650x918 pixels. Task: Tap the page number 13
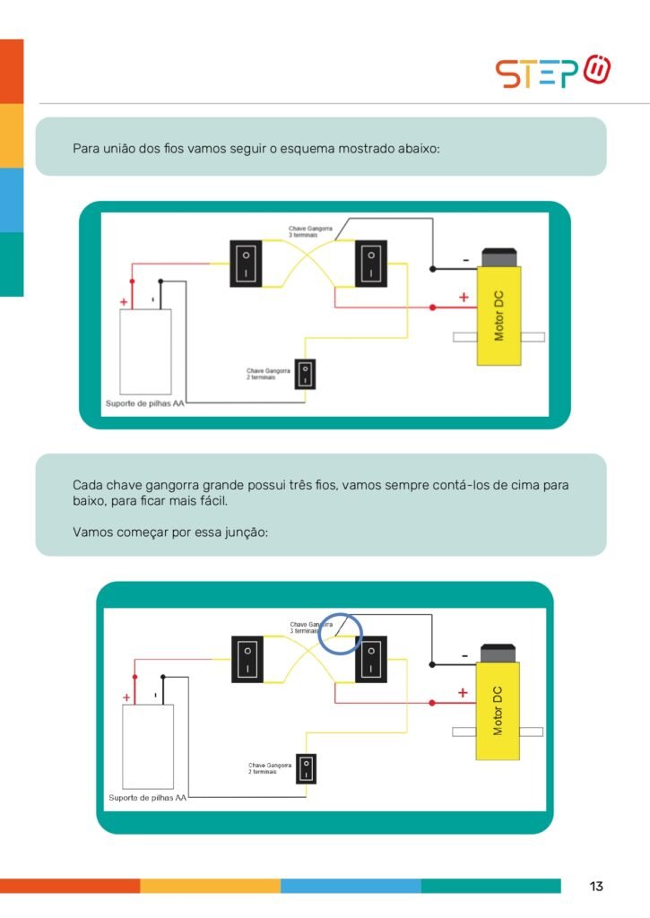pos(596,887)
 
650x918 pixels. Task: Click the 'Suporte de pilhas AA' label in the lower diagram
pos(148,797)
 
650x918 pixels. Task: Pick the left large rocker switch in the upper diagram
pos(246,263)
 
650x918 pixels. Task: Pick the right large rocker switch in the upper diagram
pos(370,263)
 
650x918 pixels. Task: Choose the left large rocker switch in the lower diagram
pos(247,659)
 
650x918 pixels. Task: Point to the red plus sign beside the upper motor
pos(464,297)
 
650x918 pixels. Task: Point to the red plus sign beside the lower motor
pos(463,692)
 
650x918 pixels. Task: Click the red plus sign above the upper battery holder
pos(124,302)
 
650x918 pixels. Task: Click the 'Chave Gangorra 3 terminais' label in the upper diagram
pos(310,231)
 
